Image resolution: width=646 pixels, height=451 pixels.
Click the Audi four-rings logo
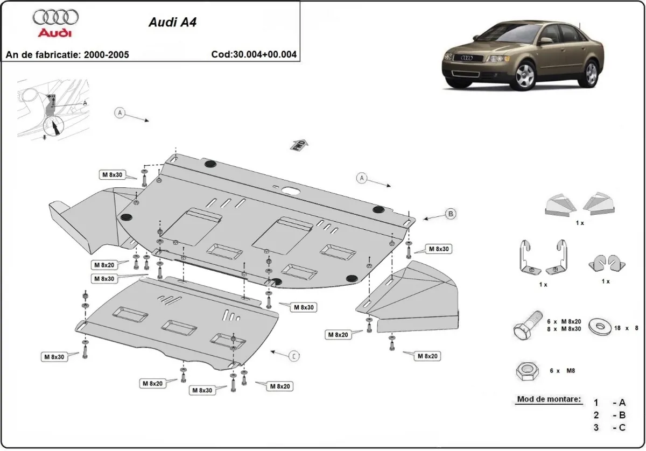[55, 18]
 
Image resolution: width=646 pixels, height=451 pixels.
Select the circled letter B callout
[451, 214]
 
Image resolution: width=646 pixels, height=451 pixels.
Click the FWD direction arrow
[299, 145]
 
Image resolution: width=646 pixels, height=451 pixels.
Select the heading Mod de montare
[549, 399]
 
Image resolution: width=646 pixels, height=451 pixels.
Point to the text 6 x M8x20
[564, 321]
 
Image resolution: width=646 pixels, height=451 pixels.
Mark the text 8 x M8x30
[564, 328]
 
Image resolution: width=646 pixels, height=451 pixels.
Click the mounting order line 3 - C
[609, 428]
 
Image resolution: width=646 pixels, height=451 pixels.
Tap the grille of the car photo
[465, 58]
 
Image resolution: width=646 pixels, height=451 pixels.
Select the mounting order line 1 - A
[609, 403]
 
